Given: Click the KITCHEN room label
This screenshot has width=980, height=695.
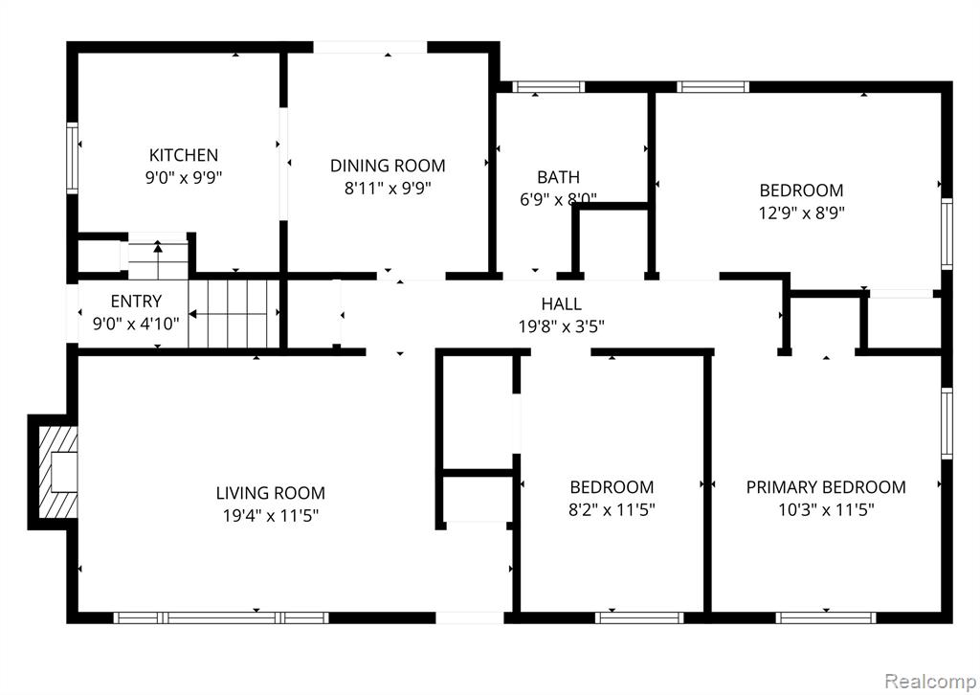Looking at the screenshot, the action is click(184, 155).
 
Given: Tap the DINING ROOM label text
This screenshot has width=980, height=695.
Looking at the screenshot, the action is click(388, 166).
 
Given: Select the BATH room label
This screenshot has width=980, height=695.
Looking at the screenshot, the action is click(558, 177).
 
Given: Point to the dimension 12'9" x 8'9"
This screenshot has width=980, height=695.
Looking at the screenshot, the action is click(801, 213).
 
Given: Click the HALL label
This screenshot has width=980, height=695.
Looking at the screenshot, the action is click(561, 303).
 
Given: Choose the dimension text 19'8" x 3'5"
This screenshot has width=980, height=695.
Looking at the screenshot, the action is click(561, 326).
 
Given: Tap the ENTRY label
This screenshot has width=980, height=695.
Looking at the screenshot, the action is click(136, 302).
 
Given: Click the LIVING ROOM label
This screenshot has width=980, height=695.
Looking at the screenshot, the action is click(271, 493).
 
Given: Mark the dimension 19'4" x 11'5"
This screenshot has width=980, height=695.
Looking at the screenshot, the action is click(271, 516).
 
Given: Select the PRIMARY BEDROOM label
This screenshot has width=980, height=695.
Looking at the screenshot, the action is click(826, 487).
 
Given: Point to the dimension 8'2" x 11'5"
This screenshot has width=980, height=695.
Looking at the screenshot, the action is click(612, 510).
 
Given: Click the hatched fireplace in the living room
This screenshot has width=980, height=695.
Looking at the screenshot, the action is click(58, 472).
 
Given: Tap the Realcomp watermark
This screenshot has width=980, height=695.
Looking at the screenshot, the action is click(930, 680).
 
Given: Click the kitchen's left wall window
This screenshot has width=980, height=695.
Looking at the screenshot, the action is click(73, 158).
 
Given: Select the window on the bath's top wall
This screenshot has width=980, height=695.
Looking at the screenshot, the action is click(548, 87).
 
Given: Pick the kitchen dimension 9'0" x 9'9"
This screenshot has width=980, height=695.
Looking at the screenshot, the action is click(184, 177).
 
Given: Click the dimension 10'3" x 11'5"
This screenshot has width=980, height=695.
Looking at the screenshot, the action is click(826, 510).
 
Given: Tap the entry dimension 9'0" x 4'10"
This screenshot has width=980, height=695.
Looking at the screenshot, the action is click(136, 324).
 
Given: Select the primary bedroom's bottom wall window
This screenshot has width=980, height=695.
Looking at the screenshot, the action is click(826, 617).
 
